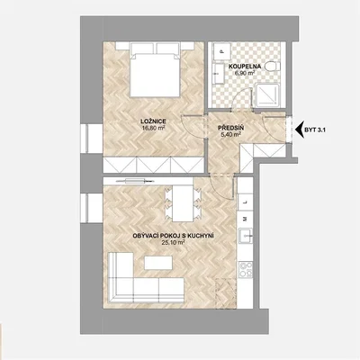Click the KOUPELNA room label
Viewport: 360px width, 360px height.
click(x=245, y=67)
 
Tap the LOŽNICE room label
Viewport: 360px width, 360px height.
click(x=153, y=121)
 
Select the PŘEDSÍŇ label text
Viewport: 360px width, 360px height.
click(x=230, y=129)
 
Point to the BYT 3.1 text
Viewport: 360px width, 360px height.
click(x=315, y=130)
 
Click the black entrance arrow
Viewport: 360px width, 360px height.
click(x=300, y=130)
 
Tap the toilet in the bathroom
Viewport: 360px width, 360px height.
click(x=273, y=66)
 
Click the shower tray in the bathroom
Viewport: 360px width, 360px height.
click(x=267, y=95)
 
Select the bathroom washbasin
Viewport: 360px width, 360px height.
click(x=218, y=74)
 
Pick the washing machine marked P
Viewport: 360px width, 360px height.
click(x=221, y=51)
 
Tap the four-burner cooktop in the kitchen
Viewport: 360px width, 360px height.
click(x=246, y=269)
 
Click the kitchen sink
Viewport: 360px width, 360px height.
click(x=246, y=236)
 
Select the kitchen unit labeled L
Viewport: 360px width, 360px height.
click(x=246, y=202)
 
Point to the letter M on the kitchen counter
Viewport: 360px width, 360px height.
click(x=245, y=219)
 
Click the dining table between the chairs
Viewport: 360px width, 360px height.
click(x=183, y=203)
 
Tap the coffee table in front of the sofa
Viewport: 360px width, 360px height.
click(x=158, y=263)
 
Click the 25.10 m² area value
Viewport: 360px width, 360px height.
click(x=173, y=242)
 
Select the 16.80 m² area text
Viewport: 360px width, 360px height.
click(x=154, y=128)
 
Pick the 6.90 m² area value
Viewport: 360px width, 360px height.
click(x=245, y=73)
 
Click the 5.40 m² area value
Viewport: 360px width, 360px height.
click(x=230, y=135)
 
